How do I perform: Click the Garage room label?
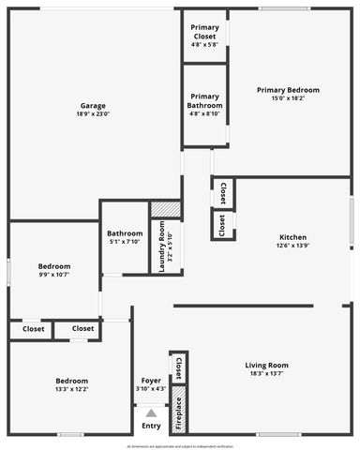point(93,106)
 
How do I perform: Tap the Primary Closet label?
point(204,33)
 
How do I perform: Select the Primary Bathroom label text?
point(204,100)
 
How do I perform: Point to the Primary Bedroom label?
point(288,90)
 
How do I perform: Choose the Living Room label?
point(266,365)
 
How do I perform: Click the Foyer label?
point(151,380)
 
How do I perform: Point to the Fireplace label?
point(178,413)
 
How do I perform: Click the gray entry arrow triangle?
point(151,412)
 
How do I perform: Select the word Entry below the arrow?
point(151,426)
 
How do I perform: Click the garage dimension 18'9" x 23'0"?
point(93,114)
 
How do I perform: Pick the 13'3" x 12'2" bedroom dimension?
point(71,389)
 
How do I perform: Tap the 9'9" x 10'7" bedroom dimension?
point(53,275)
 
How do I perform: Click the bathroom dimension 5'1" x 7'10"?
point(125,242)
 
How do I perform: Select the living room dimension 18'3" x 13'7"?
point(266,374)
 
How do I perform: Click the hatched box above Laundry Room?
point(165,209)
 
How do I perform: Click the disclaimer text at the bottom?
point(180,446)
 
